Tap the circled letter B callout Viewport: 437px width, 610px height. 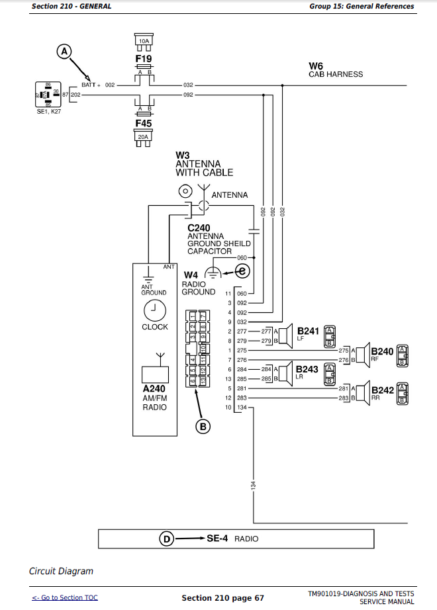(x=203, y=427)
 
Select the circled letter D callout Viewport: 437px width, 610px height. (x=167, y=539)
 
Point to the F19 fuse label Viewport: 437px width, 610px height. (x=144, y=59)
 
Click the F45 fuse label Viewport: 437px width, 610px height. (x=144, y=124)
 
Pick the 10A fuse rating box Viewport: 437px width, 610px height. (x=144, y=41)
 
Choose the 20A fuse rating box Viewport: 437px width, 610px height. (x=144, y=137)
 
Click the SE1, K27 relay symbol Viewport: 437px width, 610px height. (x=47, y=95)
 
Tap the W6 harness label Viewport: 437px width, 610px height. (x=316, y=65)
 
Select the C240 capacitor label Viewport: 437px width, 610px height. (x=199, y=228)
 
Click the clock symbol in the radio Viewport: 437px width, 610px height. (x=154, y=309)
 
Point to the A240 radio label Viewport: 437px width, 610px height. (x=154, y=389)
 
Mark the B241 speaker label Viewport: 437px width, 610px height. (x=308, y=330)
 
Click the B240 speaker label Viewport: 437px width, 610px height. (x=382, y=351)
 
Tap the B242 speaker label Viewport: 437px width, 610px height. (x=382, y=390)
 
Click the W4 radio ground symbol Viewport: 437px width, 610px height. (x=213, y=272)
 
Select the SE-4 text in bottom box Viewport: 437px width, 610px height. (x=217, y=539)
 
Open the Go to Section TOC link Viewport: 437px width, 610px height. (x=65, y=597)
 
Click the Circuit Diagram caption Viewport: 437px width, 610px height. (x=61, y=571)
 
